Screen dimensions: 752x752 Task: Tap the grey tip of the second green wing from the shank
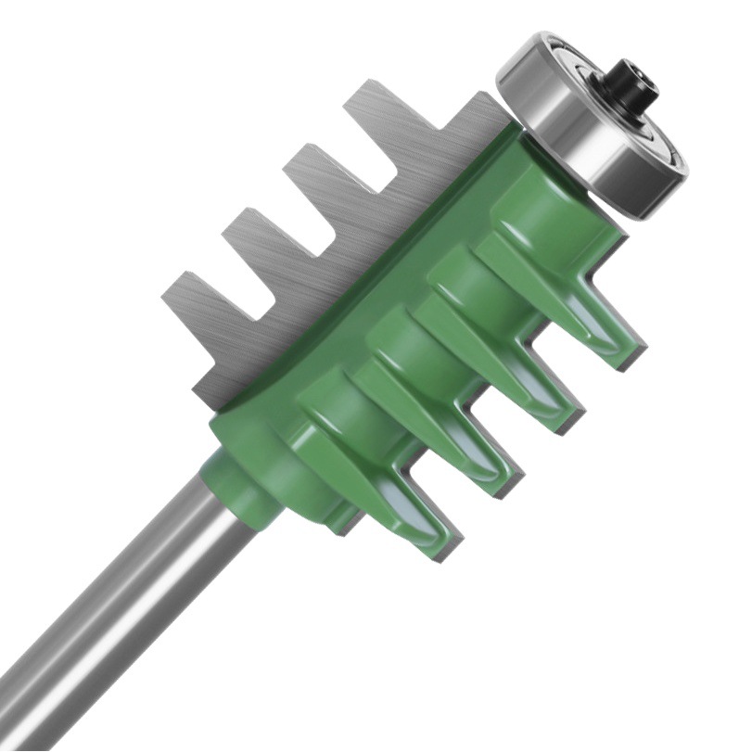[x=511, y=482]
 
